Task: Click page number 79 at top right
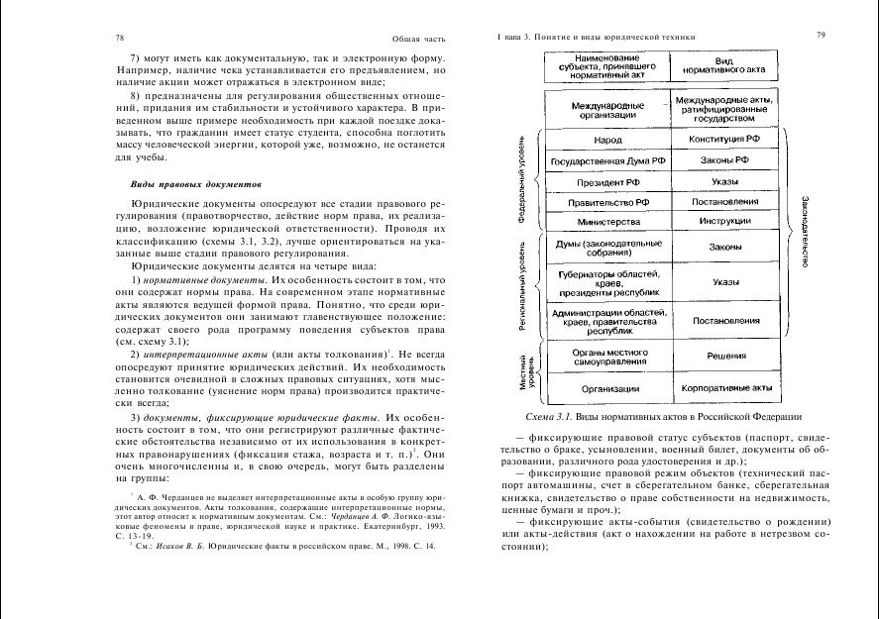[822, 36]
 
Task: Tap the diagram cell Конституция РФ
[726, 140]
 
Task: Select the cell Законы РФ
[726, 160]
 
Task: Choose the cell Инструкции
[726, 222]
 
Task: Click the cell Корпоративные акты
[726, 389]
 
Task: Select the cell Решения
[726, 357]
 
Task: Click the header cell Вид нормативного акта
[726, 65]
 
